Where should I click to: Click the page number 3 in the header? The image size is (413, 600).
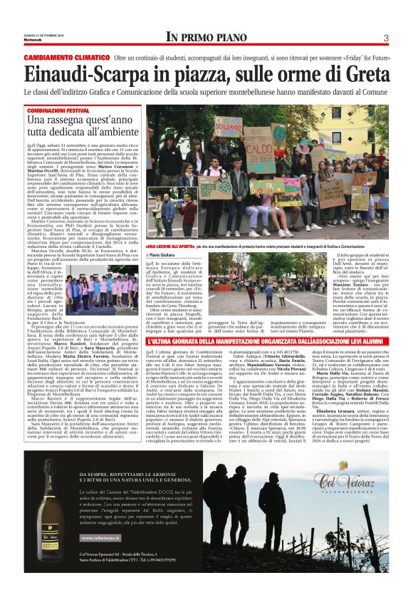(385, 37)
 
